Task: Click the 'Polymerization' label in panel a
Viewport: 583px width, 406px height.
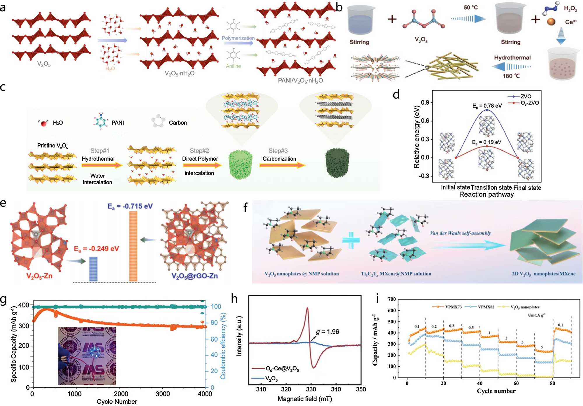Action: coord(238,38)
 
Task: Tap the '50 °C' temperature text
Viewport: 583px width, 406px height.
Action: coord(470,8)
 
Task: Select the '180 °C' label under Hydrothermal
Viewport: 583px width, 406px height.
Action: coord(511,76)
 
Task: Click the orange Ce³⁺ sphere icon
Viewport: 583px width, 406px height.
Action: coord(551,22)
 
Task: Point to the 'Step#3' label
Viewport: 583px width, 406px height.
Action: coord(278,151)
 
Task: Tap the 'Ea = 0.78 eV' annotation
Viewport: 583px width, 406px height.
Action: coord(487,106)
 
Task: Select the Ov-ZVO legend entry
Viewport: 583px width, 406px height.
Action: coord(529,103)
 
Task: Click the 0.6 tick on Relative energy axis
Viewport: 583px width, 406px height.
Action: coord(425,121)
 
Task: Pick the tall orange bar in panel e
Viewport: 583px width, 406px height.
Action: coord(133,246)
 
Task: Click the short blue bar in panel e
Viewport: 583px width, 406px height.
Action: coord(93,269)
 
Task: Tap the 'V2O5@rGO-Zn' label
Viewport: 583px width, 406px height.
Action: coord(194,276)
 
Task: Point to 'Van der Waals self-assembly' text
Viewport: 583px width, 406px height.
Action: coord(460,233)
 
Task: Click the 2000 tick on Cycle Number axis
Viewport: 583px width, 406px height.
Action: coord(121,394)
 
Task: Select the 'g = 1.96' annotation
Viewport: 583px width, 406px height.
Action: coord(327,332)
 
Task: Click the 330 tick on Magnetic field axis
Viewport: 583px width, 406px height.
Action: coord(311,389)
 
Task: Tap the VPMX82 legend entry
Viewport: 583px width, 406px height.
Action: coord(486,307)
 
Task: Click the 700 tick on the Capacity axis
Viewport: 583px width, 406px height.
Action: coord(392,299)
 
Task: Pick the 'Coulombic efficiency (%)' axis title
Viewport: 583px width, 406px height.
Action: coord(223,346)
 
